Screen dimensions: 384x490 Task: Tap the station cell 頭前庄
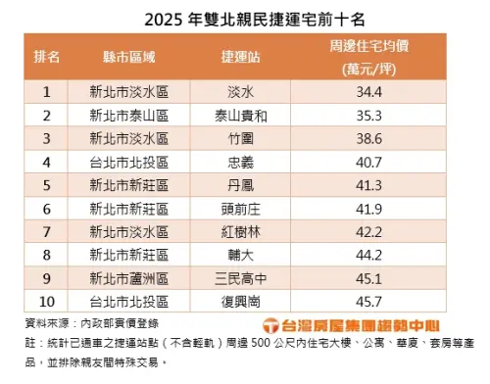[x=240, y=207]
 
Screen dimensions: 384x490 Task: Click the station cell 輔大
[x=240, y=253]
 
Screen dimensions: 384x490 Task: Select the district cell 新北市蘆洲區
[x=128, y=276]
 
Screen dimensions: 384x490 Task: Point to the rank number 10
[x=47, y=299]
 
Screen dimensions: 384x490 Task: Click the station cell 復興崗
[x=240, y=299]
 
